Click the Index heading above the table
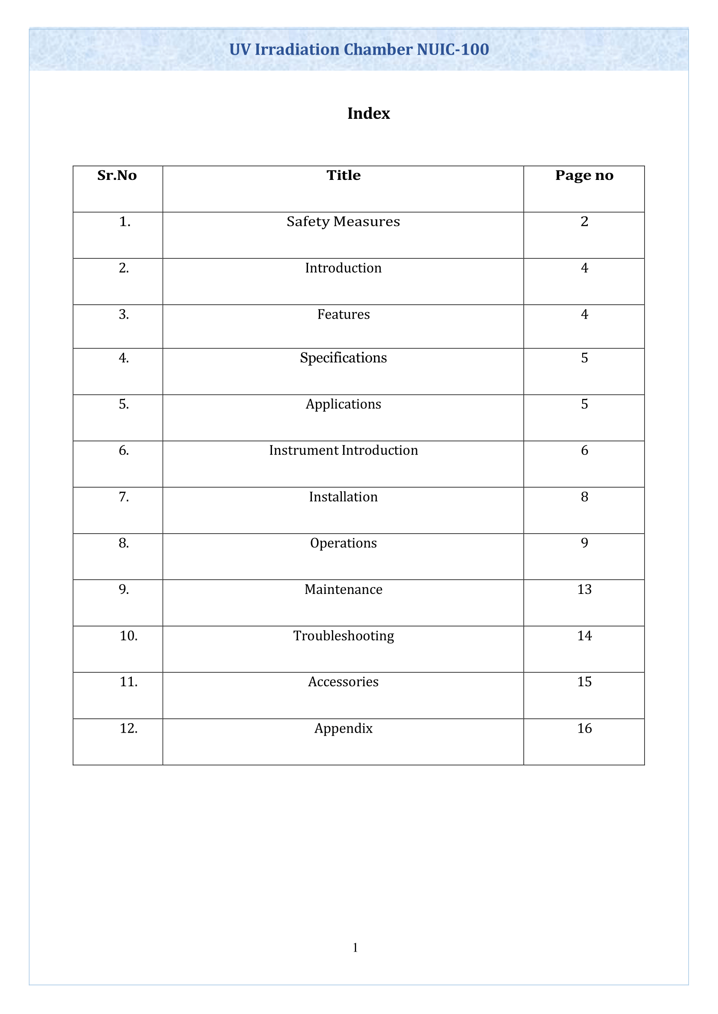tap(368, 114)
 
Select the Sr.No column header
tap(117, 176)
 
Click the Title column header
tap(344, 176)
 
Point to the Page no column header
tap(584, 176)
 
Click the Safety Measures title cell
tap(344, 222)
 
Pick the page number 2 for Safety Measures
tap(584, 222)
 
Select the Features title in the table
tap(344, 314)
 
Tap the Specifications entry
tap(344, 358)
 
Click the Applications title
tap(344, 404)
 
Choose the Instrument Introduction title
tap(344, 450)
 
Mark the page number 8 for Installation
tap(584, 497)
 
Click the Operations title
tap(344, 543)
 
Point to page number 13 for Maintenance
tap(584, 589)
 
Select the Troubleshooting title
tap(344, 636)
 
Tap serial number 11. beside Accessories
tap(129, 682)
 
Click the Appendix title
tap(344, 728)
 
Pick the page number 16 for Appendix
tap(584, 728)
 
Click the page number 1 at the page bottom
tap(355, 947)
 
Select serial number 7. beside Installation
tap(124, 497)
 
